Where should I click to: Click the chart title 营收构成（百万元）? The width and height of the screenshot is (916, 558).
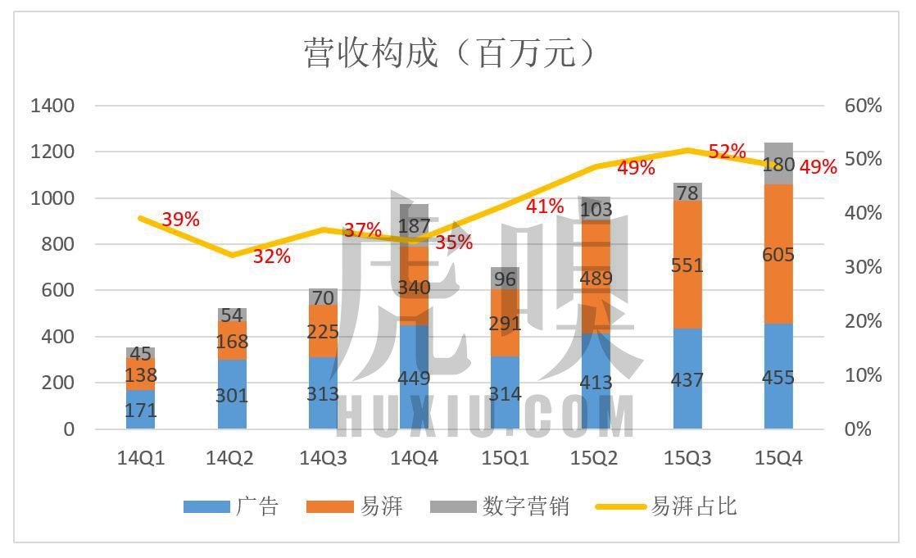pos(449,53)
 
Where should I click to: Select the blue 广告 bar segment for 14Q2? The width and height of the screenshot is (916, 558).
pos(232,395)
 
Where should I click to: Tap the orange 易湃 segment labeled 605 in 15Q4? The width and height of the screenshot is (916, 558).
pos(778,254)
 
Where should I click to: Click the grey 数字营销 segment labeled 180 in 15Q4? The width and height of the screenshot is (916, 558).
pos(778,164)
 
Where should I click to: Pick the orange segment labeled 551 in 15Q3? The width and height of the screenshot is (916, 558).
pos(687,265)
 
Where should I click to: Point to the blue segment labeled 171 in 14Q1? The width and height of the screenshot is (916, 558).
pos(141,410)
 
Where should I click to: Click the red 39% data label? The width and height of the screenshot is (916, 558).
pos(180,220)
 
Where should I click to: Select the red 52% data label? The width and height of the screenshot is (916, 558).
pos(727,152)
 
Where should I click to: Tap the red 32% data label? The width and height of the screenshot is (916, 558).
pos(271,256)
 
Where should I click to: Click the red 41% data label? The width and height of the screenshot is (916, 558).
pos(545,206)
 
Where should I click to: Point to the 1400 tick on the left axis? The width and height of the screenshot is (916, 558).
pos(52,106)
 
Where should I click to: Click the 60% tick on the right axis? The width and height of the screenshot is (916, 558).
pos(863,106)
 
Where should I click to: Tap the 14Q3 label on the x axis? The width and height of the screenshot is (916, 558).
pos(323,459)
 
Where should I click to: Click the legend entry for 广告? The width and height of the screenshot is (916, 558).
pos(232,506)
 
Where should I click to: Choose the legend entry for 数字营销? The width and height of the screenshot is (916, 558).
pos(500,506)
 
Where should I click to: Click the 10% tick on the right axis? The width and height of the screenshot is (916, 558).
pos(863,375)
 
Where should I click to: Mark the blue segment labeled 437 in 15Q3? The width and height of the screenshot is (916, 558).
pos(687,381)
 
